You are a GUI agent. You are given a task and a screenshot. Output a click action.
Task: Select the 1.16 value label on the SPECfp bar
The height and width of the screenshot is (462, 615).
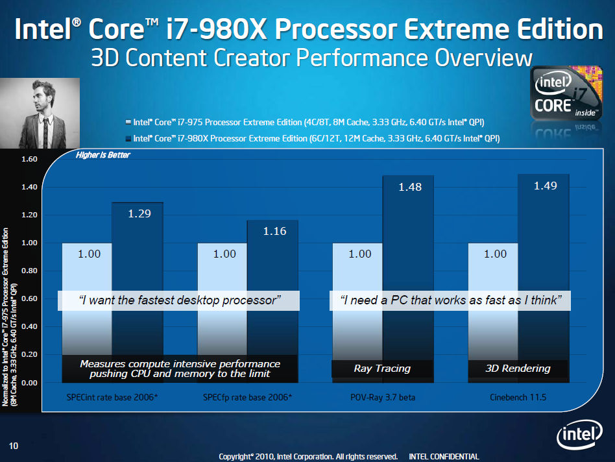tap(275, 232)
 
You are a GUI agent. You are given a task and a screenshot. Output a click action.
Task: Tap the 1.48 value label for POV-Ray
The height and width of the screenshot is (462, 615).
tap(410, 187)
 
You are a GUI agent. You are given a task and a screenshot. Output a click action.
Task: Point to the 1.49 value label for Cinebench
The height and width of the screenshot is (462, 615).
tap(545, 186)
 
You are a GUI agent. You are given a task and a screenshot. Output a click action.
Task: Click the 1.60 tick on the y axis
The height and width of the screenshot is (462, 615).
tap(30, 159)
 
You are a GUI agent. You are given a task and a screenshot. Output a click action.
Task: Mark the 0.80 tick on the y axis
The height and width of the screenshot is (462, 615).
tap(30, 271)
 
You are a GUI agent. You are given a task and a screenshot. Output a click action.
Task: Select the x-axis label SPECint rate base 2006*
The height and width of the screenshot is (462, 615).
tap(112, 397)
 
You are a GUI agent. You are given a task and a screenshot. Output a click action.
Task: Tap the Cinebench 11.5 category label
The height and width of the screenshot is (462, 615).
tap(518, 397)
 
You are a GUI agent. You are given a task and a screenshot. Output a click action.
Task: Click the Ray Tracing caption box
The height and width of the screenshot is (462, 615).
tap(382, 369)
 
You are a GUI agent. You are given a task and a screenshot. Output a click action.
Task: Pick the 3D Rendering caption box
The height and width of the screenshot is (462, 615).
tap(518, 369)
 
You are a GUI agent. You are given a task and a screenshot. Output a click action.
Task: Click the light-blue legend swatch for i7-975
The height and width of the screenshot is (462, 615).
tap(128, 121)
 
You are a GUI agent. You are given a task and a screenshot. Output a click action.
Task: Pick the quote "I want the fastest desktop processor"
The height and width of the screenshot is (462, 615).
tap(179, 300)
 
